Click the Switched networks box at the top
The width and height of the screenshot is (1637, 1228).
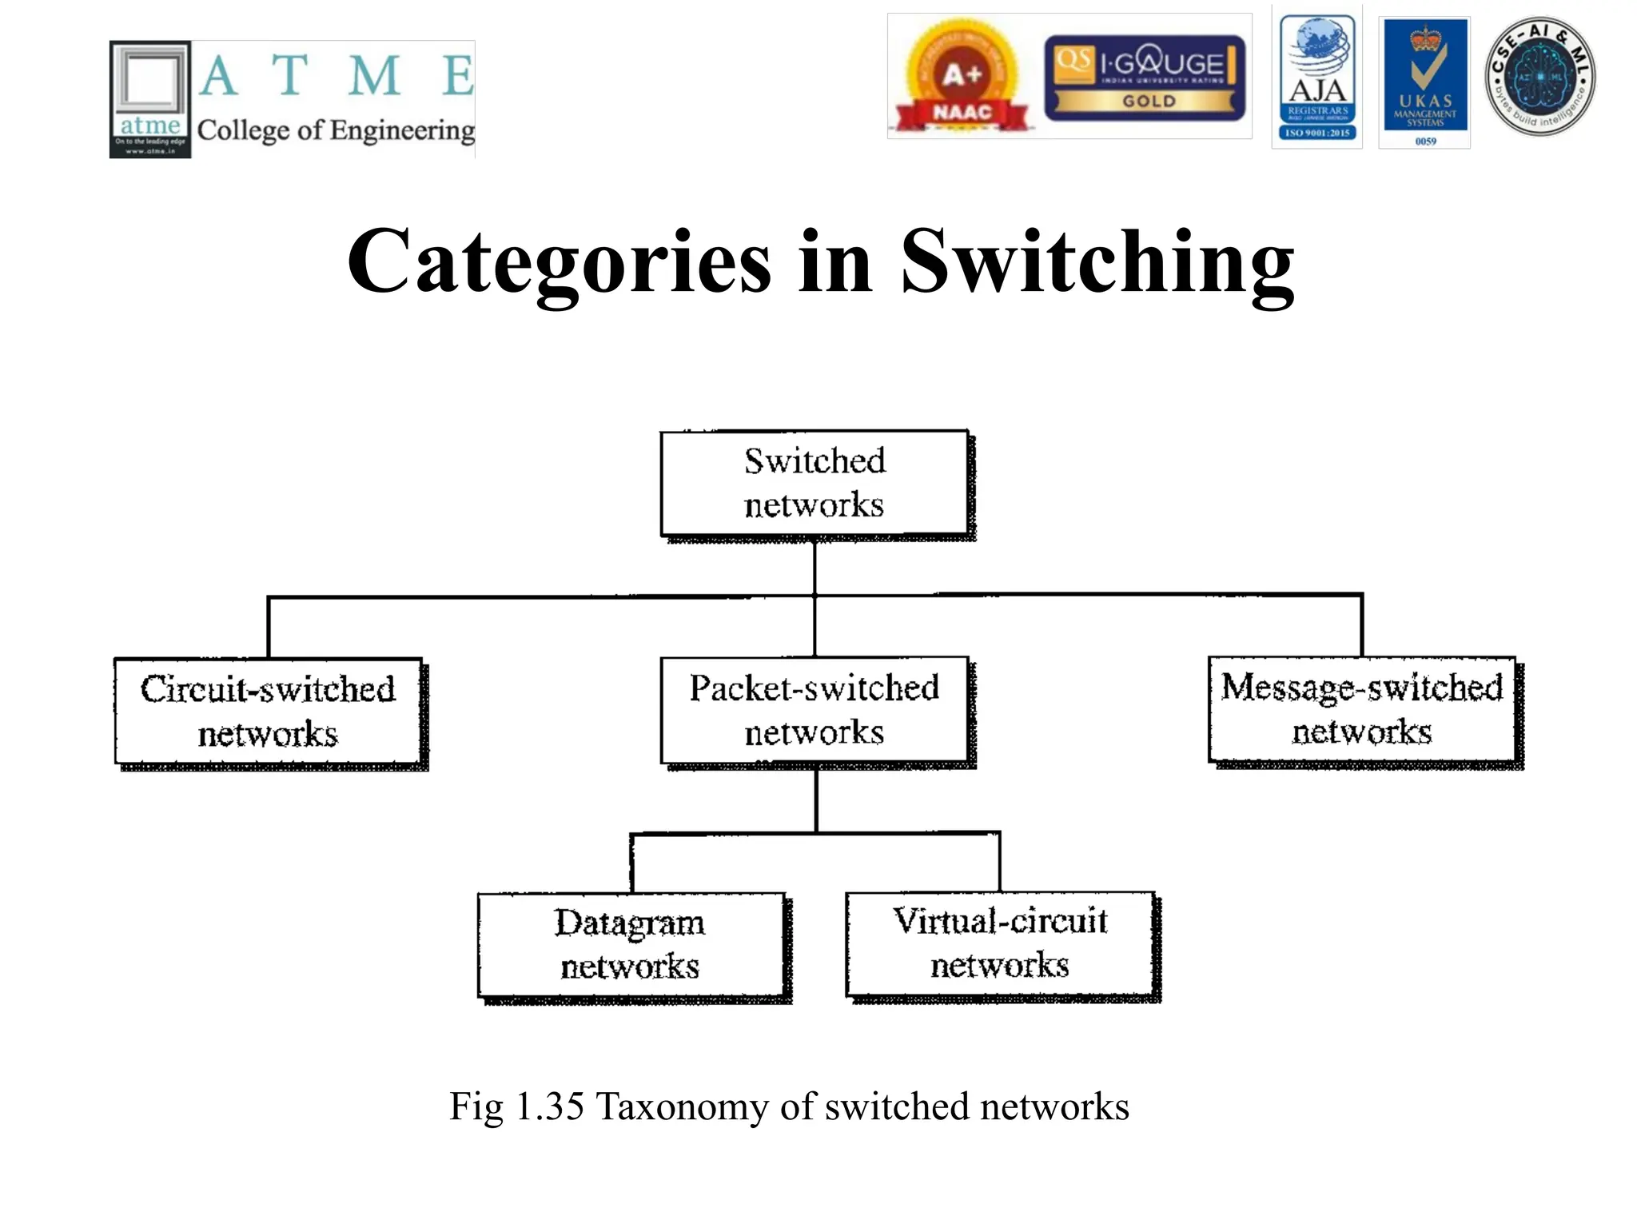814,483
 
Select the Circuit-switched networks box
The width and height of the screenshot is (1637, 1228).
268,711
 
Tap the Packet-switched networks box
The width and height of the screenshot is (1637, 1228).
814,710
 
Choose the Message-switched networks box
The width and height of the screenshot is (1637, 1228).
1361,709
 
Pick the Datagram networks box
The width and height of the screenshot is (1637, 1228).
631,944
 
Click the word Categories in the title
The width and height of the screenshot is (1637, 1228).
559,262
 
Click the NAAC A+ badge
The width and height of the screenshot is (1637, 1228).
962,78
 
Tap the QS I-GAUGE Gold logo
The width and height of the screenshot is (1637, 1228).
1145,78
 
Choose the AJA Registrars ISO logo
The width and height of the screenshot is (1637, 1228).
1317,78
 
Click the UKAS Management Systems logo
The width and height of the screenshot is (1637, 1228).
1425,82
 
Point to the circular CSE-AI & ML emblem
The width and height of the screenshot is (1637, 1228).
1539,77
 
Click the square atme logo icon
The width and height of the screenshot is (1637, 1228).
150,99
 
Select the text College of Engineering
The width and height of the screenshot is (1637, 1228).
336,130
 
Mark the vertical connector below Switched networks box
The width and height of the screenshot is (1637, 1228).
814,568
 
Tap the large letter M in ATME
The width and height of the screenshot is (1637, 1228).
374,76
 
